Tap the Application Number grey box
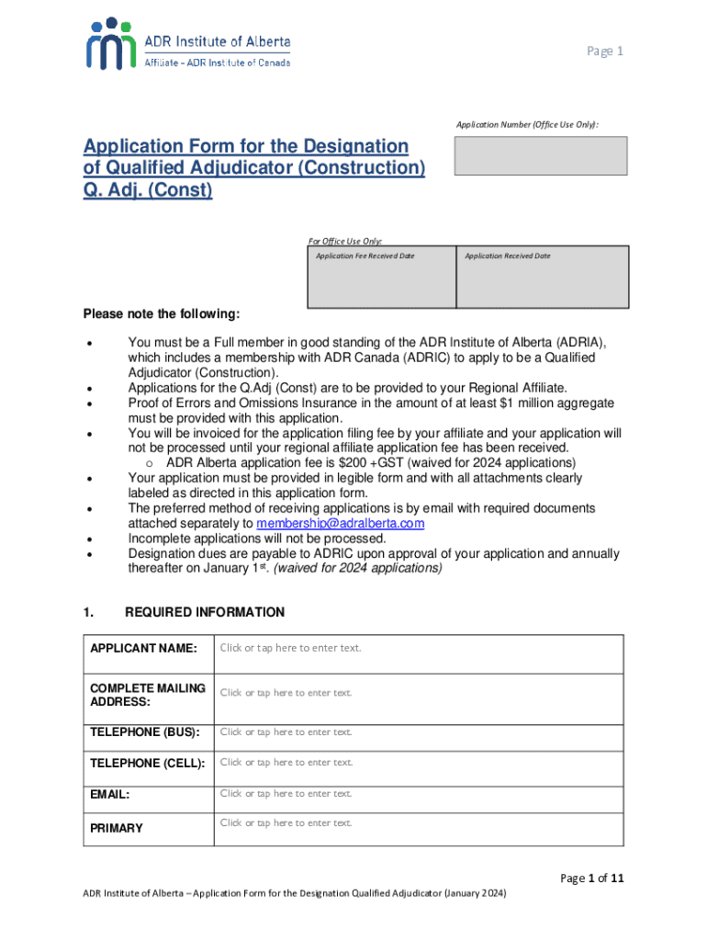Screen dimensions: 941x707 (540, 155)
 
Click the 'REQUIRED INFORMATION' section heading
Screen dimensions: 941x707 (205, 612)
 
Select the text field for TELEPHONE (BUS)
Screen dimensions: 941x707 (418, 732)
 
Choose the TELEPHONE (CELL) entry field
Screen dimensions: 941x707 (418, 763)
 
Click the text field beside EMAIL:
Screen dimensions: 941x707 (418, 794)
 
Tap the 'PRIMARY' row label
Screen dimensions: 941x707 (117, 828)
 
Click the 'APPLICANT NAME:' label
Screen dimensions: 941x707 (143, 649)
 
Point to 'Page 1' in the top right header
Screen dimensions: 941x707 (605, 51)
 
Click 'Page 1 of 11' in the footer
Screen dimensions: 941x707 (593, 879)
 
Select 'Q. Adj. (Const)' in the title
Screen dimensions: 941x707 (148, 191)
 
